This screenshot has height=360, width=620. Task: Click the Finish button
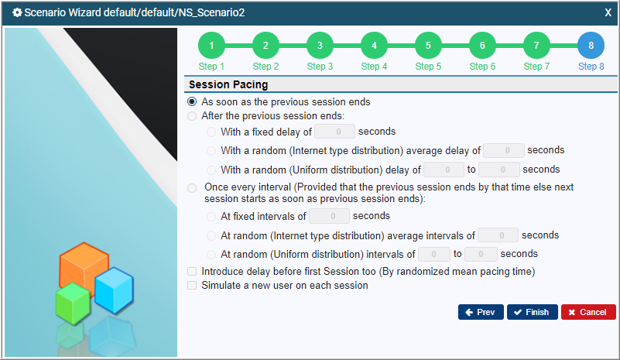[533, 312]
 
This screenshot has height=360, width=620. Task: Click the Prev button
[481, 312]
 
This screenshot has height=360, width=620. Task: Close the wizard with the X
[608, 12]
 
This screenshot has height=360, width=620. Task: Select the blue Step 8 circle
[591, 46]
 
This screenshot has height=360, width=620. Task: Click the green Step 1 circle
[211, 46]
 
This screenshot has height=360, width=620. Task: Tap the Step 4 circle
[374, 46]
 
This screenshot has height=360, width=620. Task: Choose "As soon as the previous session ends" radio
[192, 101]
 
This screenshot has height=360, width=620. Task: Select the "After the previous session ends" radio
[192, 116]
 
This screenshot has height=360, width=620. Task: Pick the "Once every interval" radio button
[192, 187]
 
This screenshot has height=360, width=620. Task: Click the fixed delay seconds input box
[334, 132]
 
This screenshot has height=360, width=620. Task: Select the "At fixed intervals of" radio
[211, 217]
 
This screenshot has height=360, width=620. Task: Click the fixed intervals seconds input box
[330, 216]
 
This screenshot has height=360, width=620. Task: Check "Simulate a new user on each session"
[192, 285]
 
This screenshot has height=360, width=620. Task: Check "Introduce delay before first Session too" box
[192, 272]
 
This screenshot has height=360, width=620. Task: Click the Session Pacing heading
[228, 84]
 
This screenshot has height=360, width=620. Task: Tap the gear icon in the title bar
[17, 12]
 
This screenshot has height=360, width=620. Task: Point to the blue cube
[114, 290]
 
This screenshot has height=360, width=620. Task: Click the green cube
[73, 303]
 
